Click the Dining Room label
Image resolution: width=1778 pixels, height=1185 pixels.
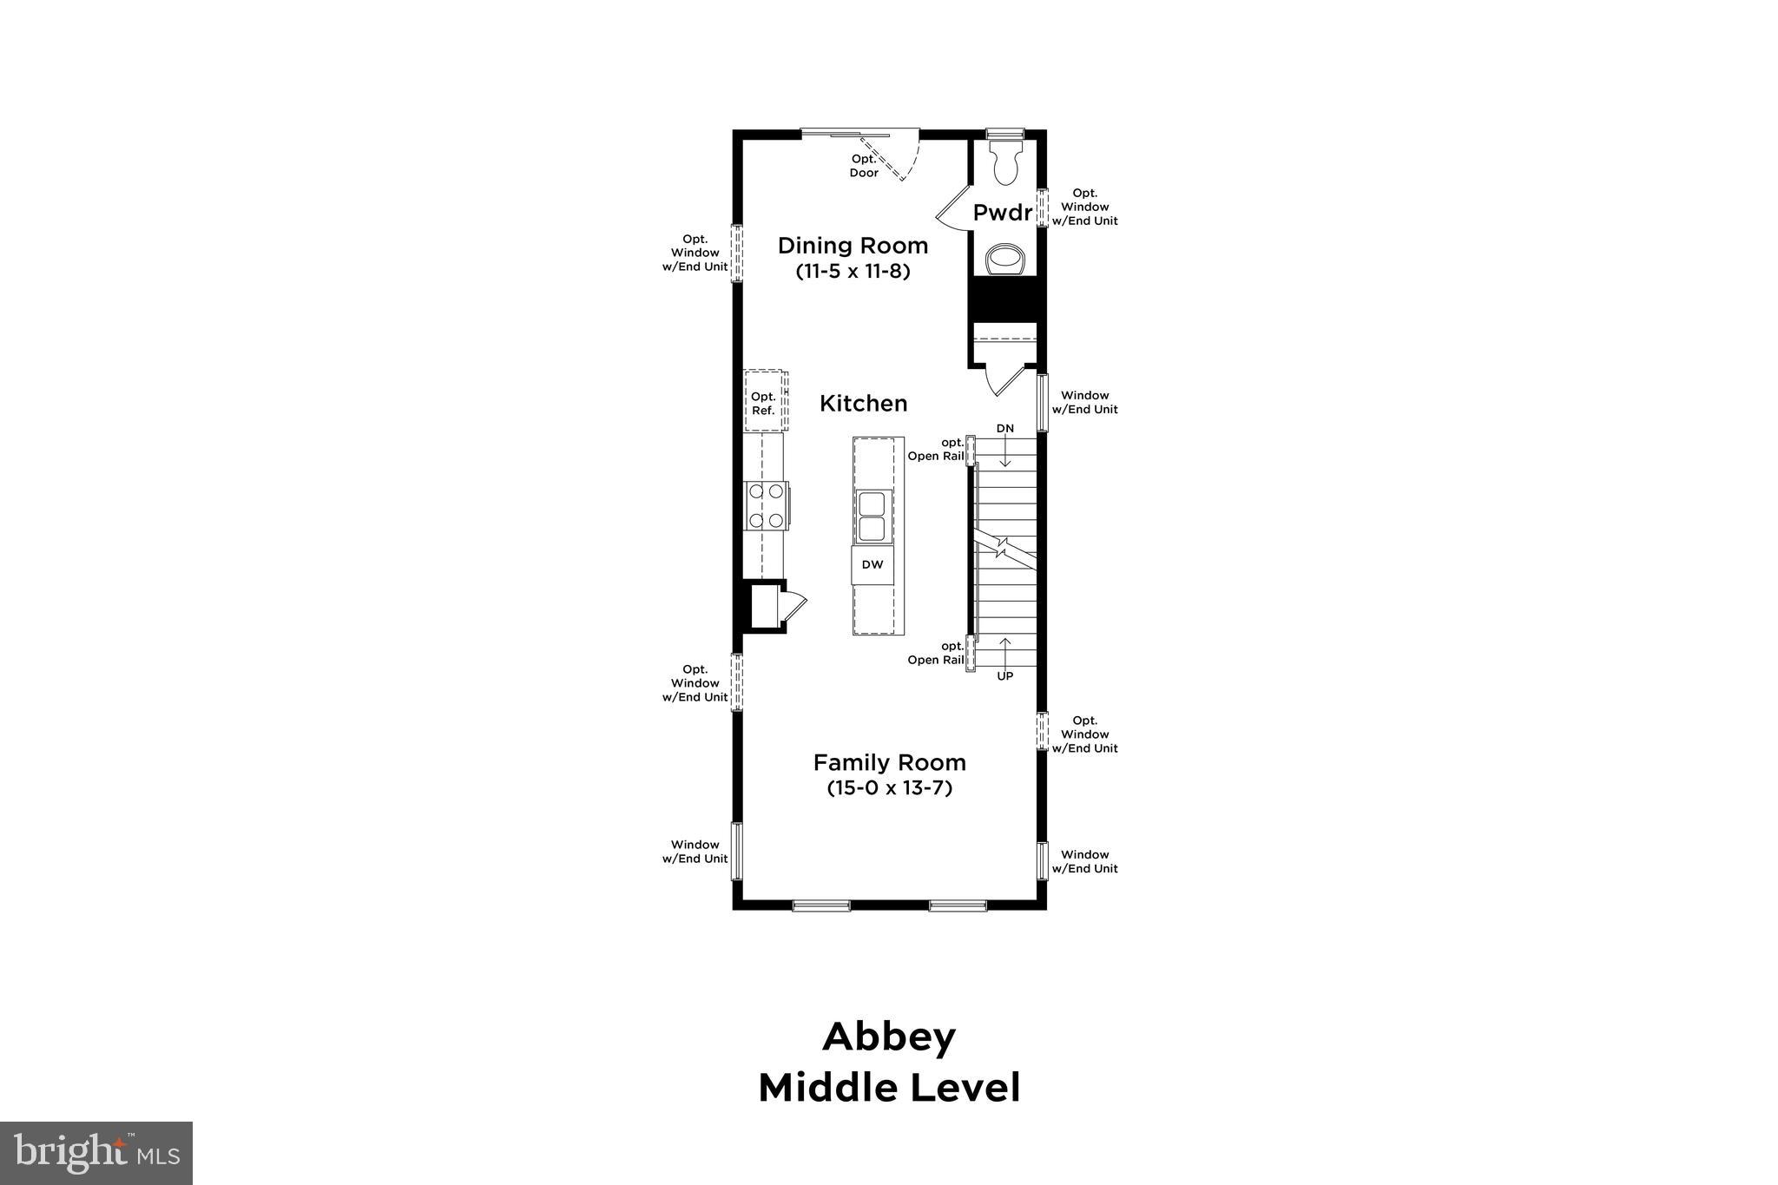(x=853, y=246)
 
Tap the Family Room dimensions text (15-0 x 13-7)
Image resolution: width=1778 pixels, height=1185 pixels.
(x=889, y=788)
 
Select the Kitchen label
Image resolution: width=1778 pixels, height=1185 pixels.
(x=863, y=404)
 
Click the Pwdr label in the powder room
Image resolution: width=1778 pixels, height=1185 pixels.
(x=1003, y=213)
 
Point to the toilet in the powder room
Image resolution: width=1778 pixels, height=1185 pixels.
(x=1006, y=164)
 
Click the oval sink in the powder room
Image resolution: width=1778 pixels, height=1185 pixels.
(x=1006, y=259)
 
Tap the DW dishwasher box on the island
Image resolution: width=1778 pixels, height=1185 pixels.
(x=873, y=565)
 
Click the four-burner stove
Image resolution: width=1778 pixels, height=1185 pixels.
(x=767, y=506)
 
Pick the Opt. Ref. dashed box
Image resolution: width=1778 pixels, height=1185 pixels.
(x=764, y=403)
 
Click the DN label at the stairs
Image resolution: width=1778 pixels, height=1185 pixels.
(x=1004, y=429)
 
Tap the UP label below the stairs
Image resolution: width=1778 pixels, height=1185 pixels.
(x=1004, y=675)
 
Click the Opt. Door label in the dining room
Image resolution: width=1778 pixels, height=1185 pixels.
(x=864, y=166)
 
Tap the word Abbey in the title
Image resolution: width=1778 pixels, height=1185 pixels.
(x=889, y=1037)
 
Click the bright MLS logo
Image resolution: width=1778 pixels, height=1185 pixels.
(x=96, y=1153)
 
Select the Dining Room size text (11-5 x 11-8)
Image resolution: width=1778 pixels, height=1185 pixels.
(x=853, y=272)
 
